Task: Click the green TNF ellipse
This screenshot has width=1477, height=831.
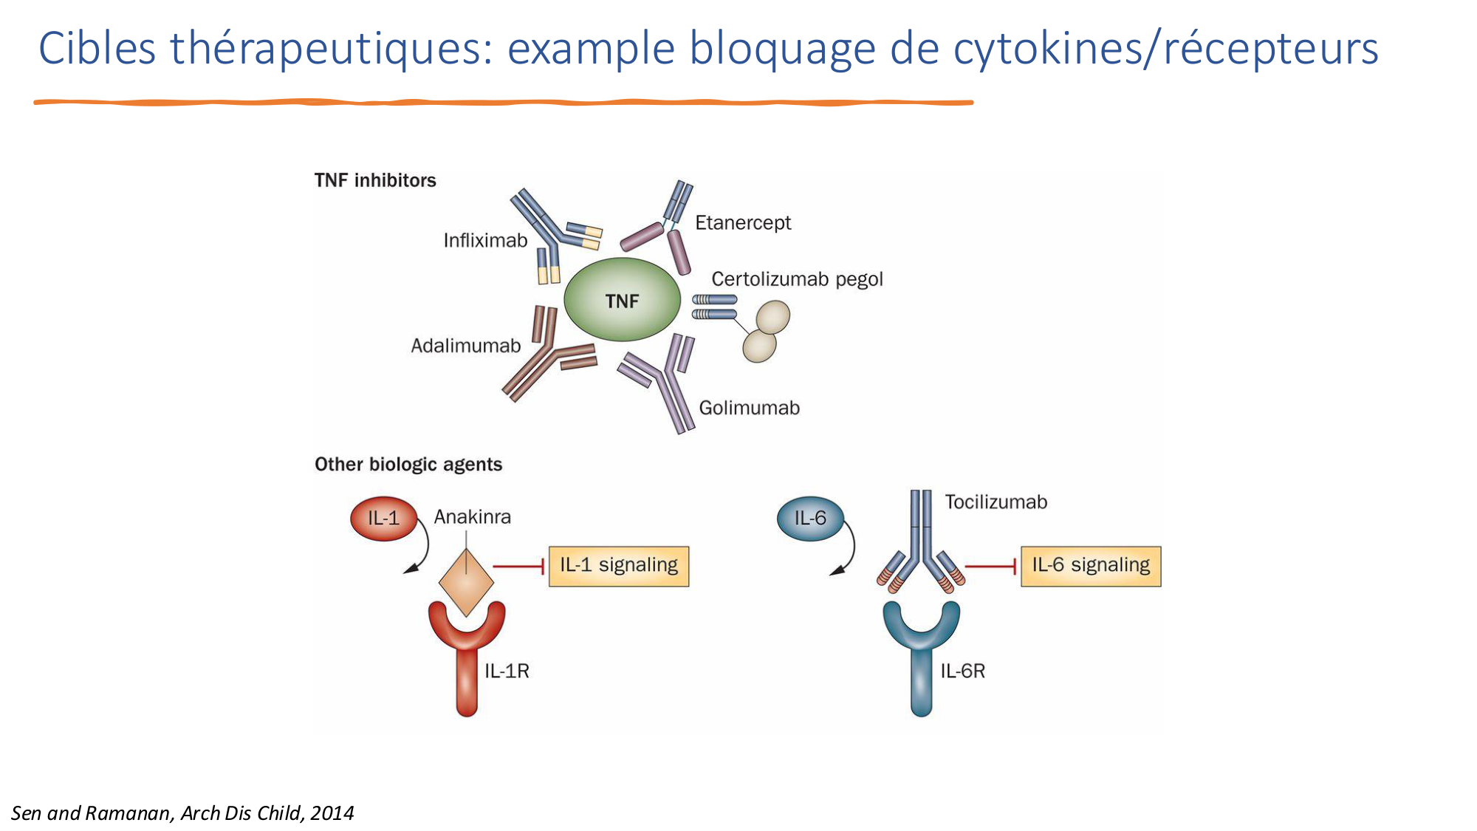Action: (x=622, y=300)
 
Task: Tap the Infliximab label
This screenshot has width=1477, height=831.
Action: (x=485, y=240)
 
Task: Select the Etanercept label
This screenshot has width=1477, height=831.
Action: (x=742, y=222)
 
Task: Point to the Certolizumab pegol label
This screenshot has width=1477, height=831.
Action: (x=797, y=279)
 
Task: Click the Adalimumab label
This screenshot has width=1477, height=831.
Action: (x=465, y=346)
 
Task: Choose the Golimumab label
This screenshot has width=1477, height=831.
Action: (x=749, y=408)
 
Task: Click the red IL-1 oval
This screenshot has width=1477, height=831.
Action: (x=383, y=519)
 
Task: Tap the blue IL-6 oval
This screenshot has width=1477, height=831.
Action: (x=810, y=519)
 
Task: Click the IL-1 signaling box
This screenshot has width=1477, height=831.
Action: (x=618, y=566)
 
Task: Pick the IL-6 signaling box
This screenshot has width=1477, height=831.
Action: (x=1090, y=566)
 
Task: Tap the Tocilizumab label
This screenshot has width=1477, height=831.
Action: (x=995, y=502)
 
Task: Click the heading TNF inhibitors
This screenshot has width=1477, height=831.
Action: (x=375, y=180)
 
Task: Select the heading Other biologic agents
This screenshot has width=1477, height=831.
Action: (x=408, y=465)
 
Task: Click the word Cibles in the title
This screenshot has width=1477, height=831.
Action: (x=97, y=49)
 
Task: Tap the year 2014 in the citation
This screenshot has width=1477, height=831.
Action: (x=332, y=813)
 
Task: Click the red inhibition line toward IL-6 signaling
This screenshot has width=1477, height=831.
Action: (x=990, y=567)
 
